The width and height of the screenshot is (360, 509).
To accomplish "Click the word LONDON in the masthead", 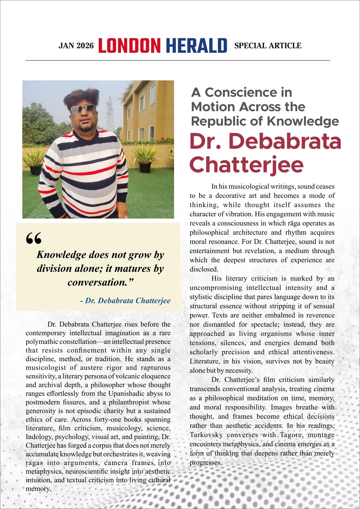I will click(x=129, y=46).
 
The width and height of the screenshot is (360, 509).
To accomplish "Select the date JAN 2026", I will click(x=76, y=46).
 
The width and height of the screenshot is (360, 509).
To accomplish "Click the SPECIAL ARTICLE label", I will click(x=268, y=46).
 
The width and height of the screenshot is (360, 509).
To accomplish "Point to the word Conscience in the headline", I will click(x=248, y=93).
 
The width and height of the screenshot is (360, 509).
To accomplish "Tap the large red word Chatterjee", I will click(x=247, y=165).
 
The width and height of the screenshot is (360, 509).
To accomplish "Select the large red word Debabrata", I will click(x=285, y=141).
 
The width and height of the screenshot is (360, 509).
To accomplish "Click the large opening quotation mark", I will click(x=34, y=238).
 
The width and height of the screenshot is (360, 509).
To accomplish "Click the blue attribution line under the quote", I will click(x=125, y=301).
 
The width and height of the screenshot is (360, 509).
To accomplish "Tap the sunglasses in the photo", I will click(x=83, y=109).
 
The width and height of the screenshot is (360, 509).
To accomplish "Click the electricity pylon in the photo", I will click(x=110, y=115).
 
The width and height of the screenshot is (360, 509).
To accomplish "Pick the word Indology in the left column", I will click(x=39, y=437).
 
